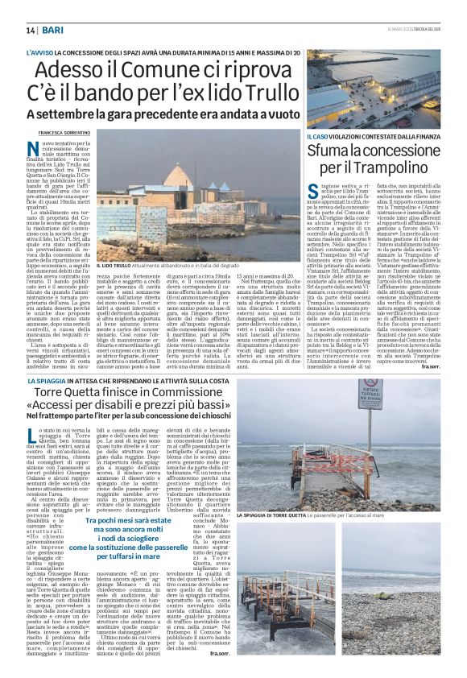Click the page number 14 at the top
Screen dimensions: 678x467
point(31,29)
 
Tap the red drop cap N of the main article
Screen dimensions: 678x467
point(54,147)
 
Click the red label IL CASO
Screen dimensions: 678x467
point(318,137)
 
